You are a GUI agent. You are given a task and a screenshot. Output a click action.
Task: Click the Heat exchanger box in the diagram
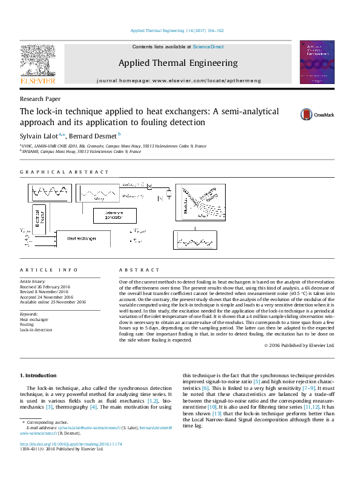click(82, 239)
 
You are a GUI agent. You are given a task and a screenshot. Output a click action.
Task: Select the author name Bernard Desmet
click(97, 135)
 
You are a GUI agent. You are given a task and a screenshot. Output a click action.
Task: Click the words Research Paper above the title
click(39, 99)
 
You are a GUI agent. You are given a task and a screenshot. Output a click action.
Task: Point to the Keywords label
click(30, 314)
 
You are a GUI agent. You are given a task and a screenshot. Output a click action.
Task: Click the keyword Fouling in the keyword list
click(27, 325)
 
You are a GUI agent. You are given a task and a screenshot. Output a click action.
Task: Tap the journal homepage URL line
click(178, 80)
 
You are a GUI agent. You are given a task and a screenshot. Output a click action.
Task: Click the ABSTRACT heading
click(140, 270)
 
